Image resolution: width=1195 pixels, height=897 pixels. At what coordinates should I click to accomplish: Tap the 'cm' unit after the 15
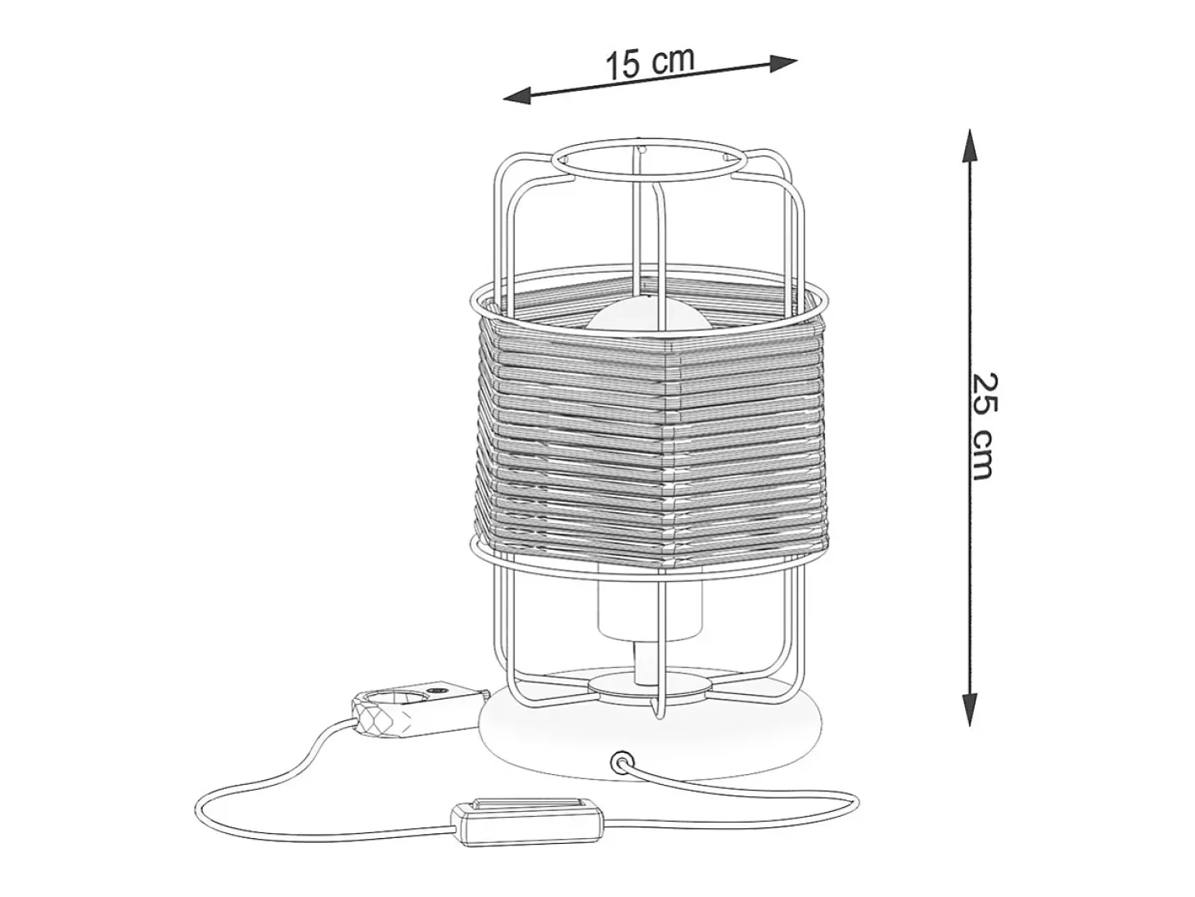[672, 61]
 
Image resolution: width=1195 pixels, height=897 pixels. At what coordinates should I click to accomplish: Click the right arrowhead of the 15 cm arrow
[783, 62]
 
